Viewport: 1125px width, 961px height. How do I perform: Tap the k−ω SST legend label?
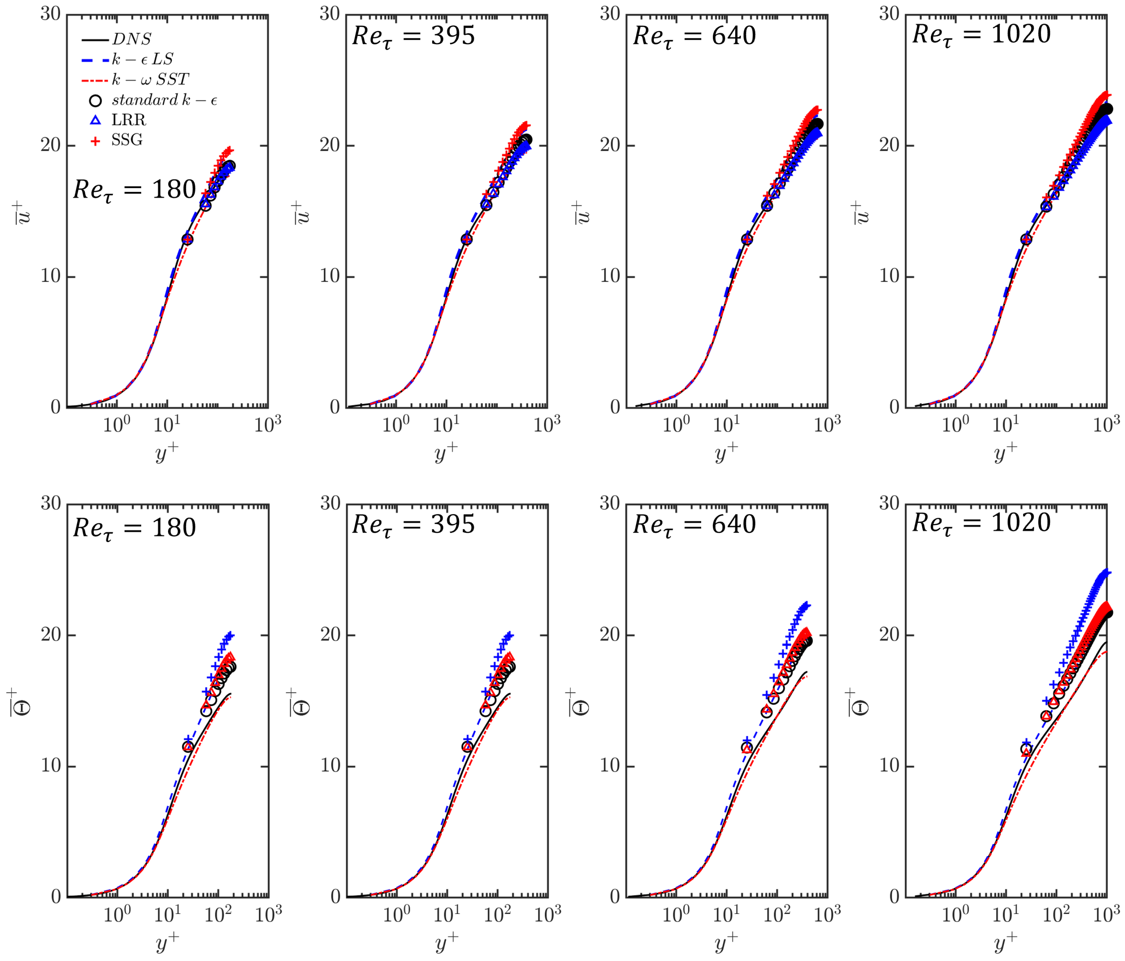click(x=150, y=80)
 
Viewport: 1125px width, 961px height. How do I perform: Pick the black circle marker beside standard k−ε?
click(x=96, y=101)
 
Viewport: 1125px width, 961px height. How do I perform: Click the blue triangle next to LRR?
click(x=96, y=120)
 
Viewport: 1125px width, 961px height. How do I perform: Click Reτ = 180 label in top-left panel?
click(x=134, y=190)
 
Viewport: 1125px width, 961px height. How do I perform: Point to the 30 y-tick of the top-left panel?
click(x=50, y=14)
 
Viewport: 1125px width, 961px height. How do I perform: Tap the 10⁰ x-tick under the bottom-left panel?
click(x=117, y=915)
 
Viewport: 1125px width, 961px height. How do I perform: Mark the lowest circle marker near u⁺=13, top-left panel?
click(x=187, y=240)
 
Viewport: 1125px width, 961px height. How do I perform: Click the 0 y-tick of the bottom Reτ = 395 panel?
click(x=335, y=897)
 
